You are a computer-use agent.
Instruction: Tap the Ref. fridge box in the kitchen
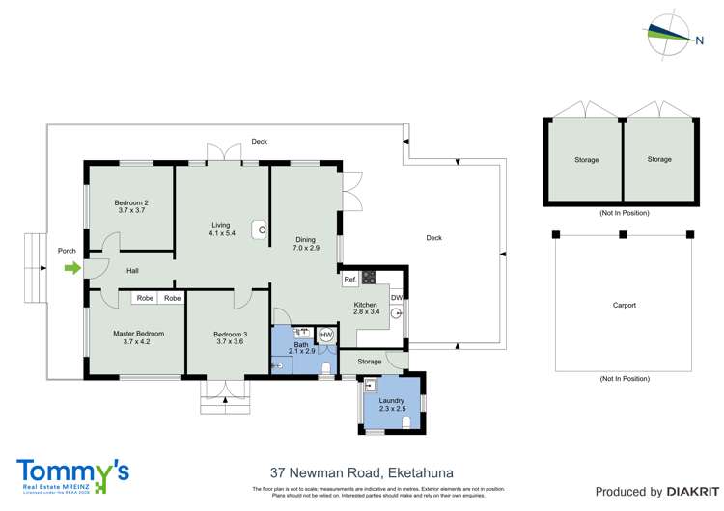350,280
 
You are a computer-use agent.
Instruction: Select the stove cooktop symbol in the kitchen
368,277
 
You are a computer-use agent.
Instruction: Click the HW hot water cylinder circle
325,335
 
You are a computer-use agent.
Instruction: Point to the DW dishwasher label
397,297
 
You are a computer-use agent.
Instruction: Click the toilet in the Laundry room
406,420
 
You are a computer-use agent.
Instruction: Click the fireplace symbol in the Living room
260,229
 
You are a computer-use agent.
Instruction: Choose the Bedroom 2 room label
130,202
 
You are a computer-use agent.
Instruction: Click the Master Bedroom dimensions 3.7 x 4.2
130,342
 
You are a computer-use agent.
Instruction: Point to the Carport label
624,305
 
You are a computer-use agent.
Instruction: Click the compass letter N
699,40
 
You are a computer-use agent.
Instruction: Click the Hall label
132,271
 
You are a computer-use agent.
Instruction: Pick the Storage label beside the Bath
343,362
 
